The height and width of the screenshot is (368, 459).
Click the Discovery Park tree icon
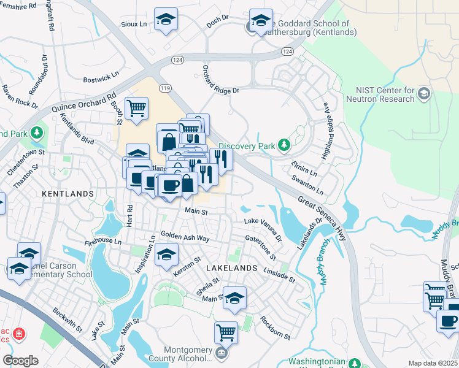coord(283,145)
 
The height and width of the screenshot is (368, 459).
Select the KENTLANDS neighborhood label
coord(67,193)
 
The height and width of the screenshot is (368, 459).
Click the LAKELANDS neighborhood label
coord(231,269)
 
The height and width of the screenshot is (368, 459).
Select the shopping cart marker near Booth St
coord(136,109)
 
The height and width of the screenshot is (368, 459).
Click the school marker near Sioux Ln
coord(166,20)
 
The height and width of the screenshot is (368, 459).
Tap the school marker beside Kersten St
coord(166,255)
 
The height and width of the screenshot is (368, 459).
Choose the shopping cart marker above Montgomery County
coord(226,332)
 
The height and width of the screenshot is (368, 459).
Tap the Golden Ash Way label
coord(185,236)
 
